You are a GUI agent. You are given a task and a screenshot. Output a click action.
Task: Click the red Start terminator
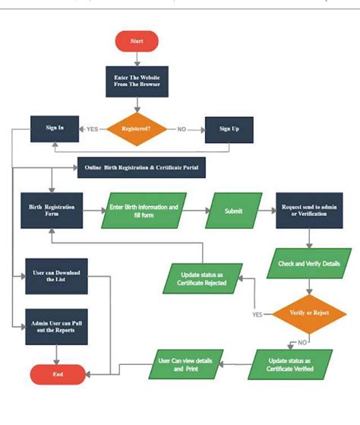136,41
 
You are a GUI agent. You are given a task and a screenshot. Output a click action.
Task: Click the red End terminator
57,374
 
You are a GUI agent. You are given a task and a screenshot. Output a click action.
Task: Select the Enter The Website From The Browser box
137,81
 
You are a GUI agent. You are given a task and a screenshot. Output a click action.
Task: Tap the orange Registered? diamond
137,129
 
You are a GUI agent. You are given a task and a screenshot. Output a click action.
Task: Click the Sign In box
55,128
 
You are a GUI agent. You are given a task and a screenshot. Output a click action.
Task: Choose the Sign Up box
229,129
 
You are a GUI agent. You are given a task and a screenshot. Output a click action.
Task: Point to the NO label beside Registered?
182,129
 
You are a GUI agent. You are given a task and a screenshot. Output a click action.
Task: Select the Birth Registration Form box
52,211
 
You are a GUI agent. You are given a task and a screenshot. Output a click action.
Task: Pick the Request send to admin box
308,211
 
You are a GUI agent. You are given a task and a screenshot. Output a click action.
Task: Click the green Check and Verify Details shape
308,263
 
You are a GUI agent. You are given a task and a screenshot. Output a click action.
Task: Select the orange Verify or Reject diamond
308,313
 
